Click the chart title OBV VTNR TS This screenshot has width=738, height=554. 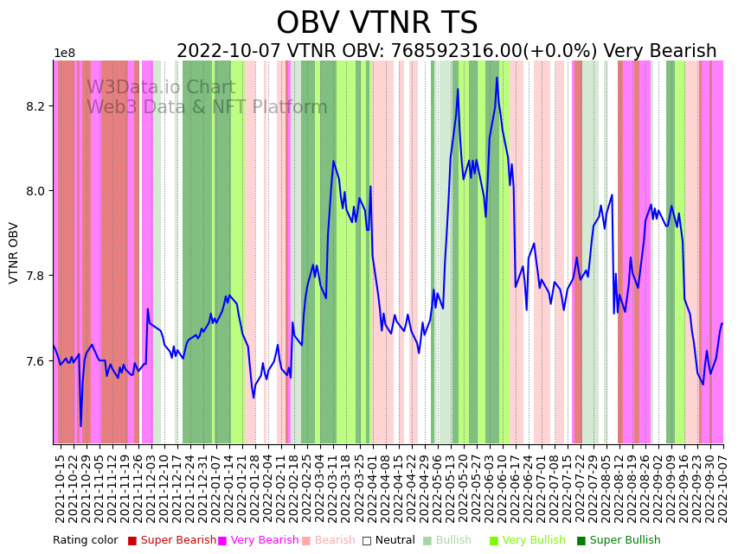click(x=376, y=23)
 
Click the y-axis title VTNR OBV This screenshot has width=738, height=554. click(x=14, y=252)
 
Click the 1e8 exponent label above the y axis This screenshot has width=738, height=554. click(x=65, y=54)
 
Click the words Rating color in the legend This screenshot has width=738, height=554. click(x=86, y=541)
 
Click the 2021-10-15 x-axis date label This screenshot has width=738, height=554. click(x=60, y=488)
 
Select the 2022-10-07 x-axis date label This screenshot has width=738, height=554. click(x=717, y=488)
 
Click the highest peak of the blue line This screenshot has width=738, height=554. click(x=497, y=78)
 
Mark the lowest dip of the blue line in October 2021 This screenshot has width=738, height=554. click(x=81, y=425)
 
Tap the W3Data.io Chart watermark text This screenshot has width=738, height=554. click(x=160, y=88)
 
